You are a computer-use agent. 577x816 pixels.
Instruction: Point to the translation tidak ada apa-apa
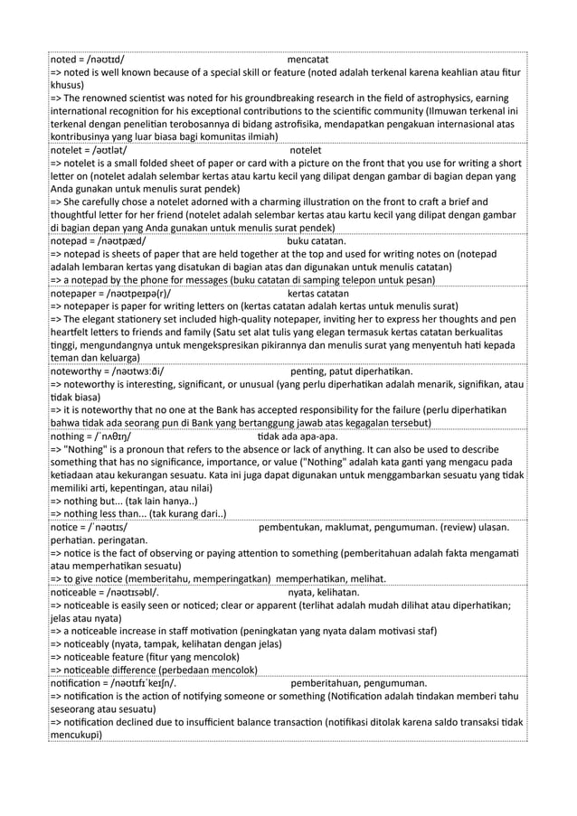coord(298,436)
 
